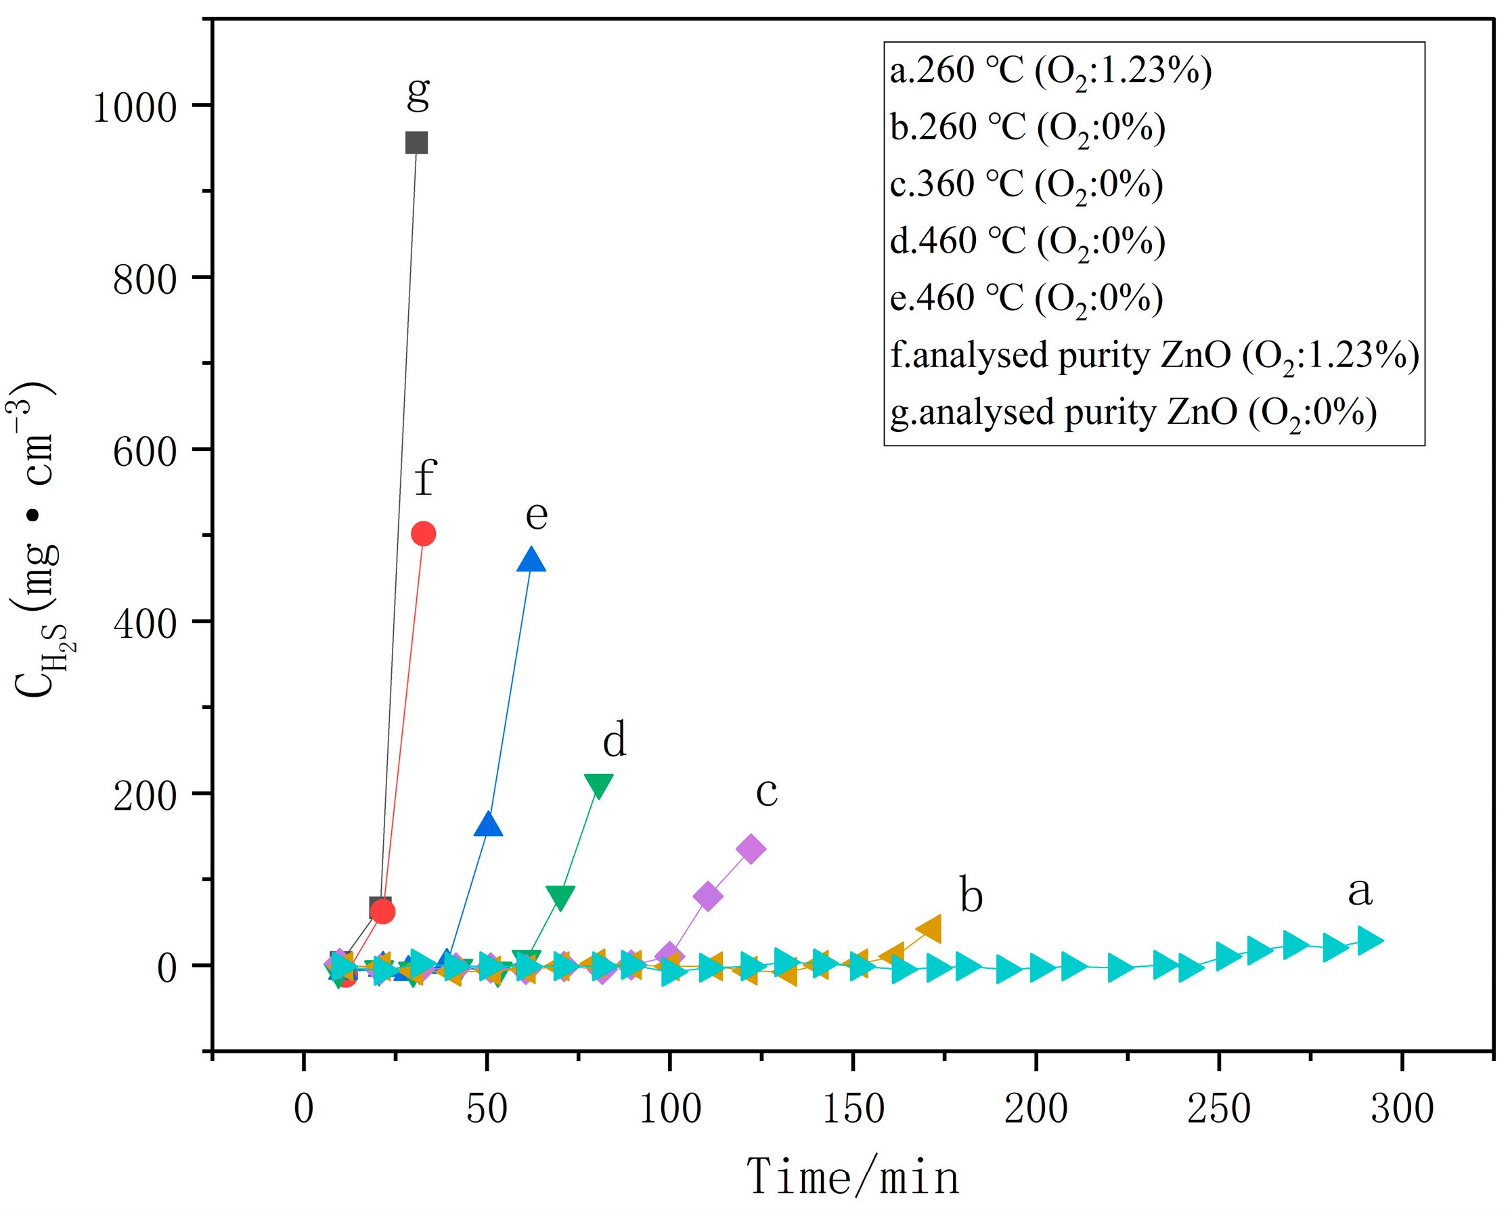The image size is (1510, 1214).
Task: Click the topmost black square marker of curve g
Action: [417, 143]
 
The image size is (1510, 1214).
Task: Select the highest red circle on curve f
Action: [423, 534]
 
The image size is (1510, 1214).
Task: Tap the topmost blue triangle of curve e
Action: [531, 561]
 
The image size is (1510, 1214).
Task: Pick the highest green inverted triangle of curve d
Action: [598, 785]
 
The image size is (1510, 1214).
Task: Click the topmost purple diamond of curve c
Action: [751, 849]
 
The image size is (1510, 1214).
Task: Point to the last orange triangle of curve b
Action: [930, 930]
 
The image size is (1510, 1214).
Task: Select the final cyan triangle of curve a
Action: [1371, 940]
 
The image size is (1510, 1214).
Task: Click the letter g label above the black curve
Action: [418, 91]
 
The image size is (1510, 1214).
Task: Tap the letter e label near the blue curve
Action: [537, 515]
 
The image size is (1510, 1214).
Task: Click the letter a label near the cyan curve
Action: [1360, 890]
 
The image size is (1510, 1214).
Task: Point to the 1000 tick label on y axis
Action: [135, 108]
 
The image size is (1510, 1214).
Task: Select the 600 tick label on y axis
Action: [144, 452]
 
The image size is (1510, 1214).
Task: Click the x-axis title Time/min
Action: [852, 1177]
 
